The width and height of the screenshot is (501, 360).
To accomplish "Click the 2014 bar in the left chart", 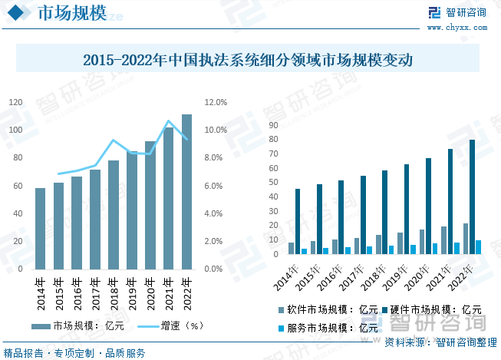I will coord(40,229).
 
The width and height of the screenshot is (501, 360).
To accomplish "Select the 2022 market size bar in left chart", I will coord(186,192).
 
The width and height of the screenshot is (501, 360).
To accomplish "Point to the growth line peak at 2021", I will coord(169,121).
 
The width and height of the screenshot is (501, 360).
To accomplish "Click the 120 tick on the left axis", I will coord(15,102).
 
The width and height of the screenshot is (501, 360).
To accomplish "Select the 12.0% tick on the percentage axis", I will coord(216,102).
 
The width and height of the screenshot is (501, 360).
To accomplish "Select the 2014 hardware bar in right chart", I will coord(298,221).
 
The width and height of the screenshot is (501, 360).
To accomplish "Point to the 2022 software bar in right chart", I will coord(465,239).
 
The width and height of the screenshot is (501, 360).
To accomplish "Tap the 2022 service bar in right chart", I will coord(479,246).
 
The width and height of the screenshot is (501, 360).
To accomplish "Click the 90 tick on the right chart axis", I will coord(274,125).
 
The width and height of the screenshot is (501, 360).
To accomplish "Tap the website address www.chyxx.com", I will coord(466,28).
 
